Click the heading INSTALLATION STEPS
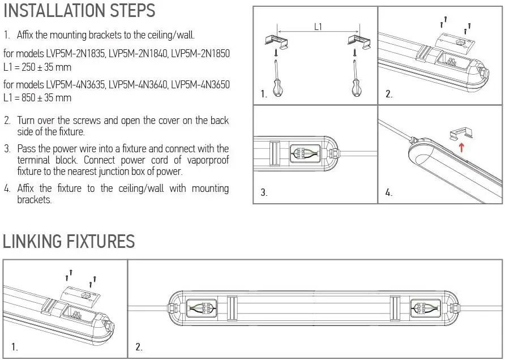[79, 11]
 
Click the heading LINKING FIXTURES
[69, 242]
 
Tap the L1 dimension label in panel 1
[319, 25]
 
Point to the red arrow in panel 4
[461, 148]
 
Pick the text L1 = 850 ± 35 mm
[37, 97]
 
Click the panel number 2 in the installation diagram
[388, 95]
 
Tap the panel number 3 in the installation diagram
[263, 192]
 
